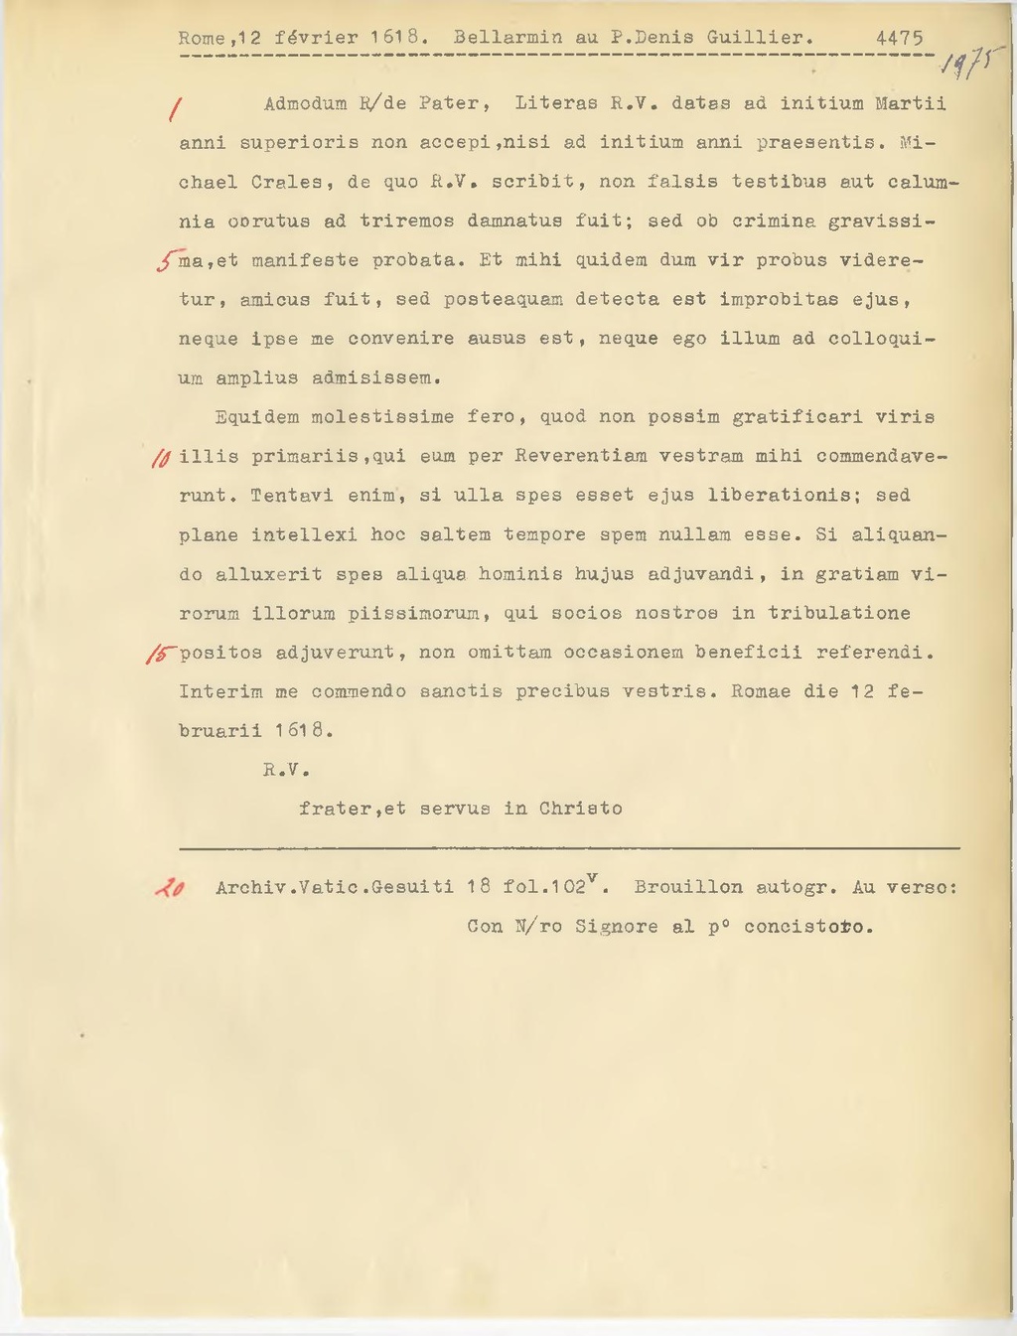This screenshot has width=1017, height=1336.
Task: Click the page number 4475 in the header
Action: pyautogui.click(x=899, y=38)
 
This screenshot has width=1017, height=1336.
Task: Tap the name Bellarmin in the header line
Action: pyautogui.click(x=508, y=38)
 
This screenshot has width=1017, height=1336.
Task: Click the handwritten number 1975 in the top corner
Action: pyautogui.click(x=974, y=67)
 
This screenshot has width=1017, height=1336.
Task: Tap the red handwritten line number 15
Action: pyautogui.click(x=160, y=653)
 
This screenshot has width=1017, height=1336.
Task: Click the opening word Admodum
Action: pyautogui.click(x=305, y=103)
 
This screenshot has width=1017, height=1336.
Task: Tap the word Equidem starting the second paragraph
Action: pyautogui.click(x=256, y=417)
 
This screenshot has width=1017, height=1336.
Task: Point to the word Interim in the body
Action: pyautogui.click(x=220, y=691)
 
